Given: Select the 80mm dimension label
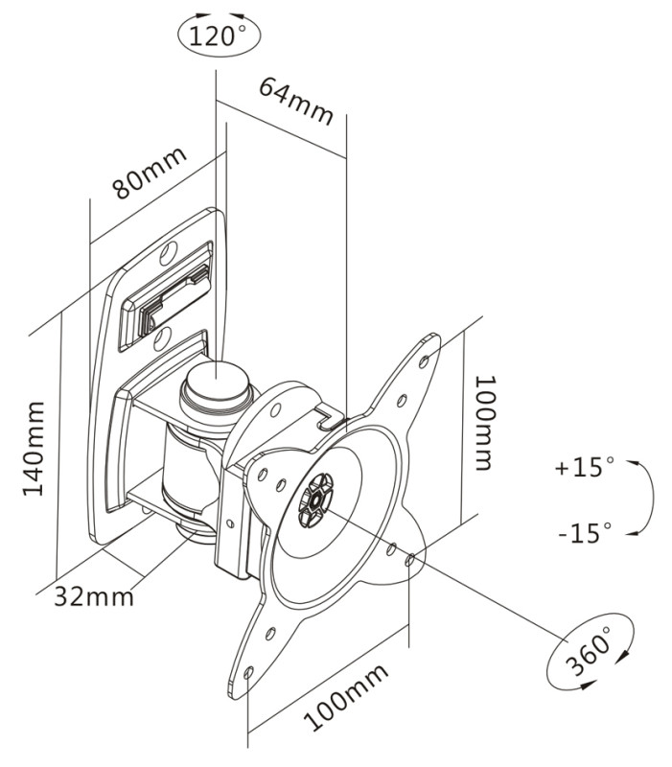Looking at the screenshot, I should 148,174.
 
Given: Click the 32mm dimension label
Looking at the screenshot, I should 93,595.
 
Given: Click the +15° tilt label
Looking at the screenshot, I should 583,469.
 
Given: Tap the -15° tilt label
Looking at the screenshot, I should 583,533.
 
